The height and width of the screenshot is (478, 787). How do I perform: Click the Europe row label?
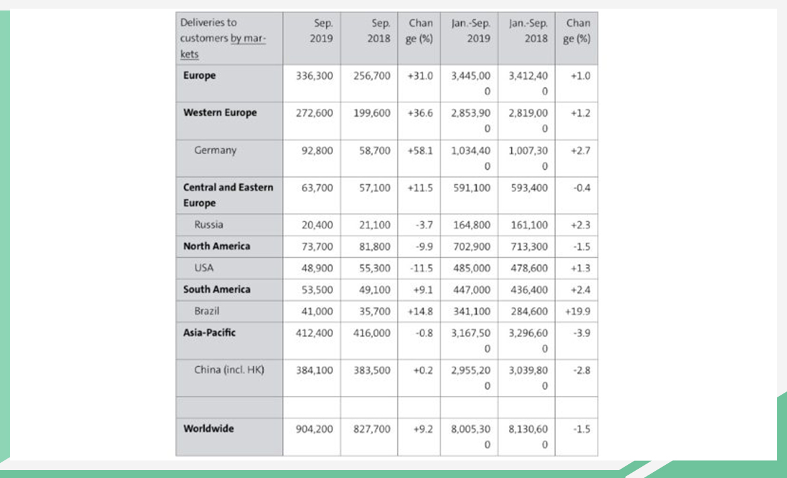pyautogui.click(x=199, y=75)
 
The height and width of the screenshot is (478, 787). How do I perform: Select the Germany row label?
pyautogui.click(x=215, y=151)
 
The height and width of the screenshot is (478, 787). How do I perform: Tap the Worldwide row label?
pyautogui.click(x=209, y=429)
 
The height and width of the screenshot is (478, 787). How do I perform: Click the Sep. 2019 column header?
pyautogui.click(x=321, y=31)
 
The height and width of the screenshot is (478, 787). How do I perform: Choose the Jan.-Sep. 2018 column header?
pyautogui.click(x=528, y=31)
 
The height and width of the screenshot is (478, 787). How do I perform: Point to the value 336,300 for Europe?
pyautogui.click(x=314, y=76)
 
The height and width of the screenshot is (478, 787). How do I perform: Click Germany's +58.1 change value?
pyautogui.click(x=420, y=151)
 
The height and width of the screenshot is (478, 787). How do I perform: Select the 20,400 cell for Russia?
pyautogui.click(x=317, y=225)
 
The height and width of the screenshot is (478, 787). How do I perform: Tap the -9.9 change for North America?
pyautogui.click(x=424, y=247)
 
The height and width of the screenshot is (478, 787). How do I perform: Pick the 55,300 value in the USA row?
pyautogui.click(x=374, y=268)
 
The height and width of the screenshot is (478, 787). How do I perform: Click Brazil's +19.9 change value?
pyautogui.click(x=578, y=311)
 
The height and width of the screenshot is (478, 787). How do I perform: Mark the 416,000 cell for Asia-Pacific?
pyautogui.click(x=372, y=333)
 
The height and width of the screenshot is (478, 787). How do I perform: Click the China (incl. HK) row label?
pyautogui.click(x=229, y=370)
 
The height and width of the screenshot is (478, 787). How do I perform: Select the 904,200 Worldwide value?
pyautogui.click(x=314, y=429)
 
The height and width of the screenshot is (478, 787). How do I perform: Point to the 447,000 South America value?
pyautogui.click(x=472, y=290)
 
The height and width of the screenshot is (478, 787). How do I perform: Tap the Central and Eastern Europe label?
pyautogui.click(x=228, y=195)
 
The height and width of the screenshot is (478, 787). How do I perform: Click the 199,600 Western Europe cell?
pyautogui.click(x=372, y=113)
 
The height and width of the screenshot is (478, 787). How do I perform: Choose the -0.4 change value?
pyautogui.click(x=582, y=188)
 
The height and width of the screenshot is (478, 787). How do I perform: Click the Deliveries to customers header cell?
pyautogui.click(x=223, y=38)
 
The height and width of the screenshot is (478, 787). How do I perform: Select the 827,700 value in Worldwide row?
pyautogui.click(x=372, y=429)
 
